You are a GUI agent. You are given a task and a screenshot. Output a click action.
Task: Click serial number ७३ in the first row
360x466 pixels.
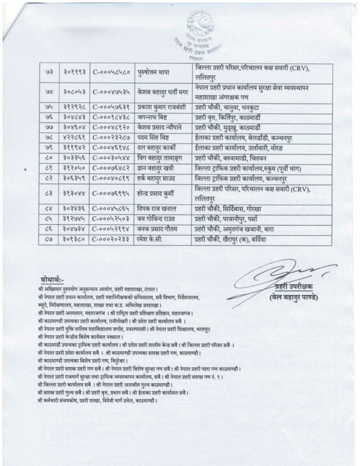tap(50, 73)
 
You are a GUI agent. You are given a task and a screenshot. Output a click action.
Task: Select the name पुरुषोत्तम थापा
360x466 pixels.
tap(155, 73)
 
